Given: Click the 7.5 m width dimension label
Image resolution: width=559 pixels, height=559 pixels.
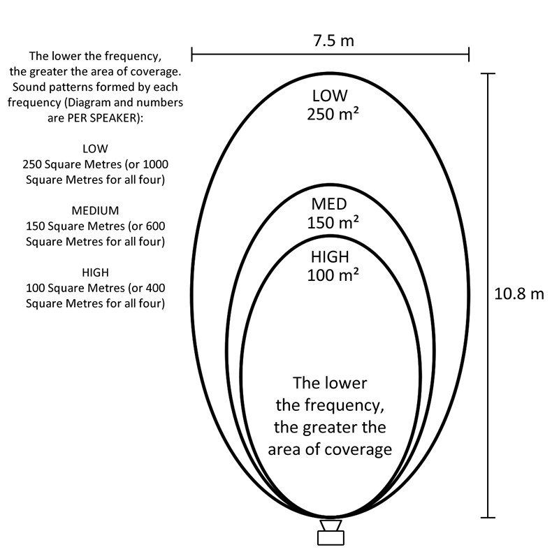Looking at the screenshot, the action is (x=334, y=41).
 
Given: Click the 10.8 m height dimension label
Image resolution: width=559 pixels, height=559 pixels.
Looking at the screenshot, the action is (x=519, y=294).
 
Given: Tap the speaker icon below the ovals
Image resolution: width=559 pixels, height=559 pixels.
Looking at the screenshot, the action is (x=331, y=532).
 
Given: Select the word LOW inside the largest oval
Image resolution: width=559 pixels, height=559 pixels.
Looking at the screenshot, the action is (x=330, y=96).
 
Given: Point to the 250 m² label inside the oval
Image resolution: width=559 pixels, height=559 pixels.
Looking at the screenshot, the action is (x=333, y=114).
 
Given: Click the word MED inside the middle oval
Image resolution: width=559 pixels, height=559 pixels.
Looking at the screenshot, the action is (x=329, y=204).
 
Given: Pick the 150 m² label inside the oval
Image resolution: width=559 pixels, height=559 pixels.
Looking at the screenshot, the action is (x=333, y=223).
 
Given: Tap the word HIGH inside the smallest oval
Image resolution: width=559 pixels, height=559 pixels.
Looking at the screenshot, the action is (x=330, y=256).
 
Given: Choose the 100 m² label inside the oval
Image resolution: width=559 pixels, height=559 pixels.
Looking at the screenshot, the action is (x=333, y=275).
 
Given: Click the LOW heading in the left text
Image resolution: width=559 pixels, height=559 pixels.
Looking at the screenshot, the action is (x=95, y=149).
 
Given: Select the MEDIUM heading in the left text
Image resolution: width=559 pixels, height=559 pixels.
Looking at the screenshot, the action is (x=95, y=211).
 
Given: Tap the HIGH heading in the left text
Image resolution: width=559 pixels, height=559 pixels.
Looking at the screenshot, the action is (x=95, y=273).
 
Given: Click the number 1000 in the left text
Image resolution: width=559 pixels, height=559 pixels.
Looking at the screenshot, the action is (x=155, y=164).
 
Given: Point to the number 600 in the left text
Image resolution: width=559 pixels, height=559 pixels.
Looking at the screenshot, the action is (x=155, y=226).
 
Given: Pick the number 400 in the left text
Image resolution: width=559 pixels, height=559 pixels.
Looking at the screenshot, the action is (x=155, y=288).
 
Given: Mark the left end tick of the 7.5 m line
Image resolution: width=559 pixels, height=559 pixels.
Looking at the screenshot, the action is (x=191, y=55).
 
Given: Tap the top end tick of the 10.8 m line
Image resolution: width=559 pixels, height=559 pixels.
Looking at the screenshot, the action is (x=488, y=73).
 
